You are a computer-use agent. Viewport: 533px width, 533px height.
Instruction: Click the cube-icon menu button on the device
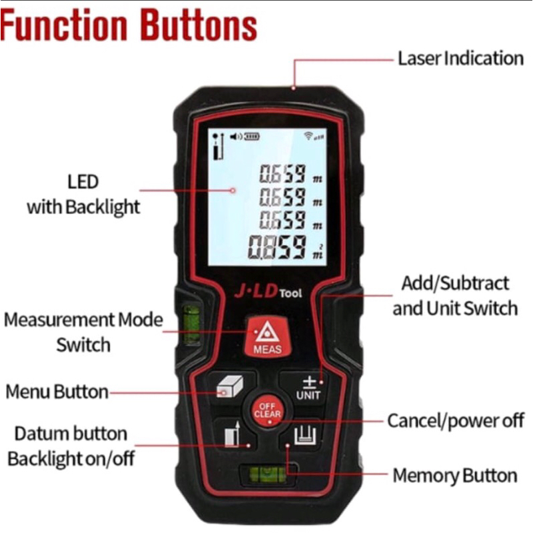pyautogui.click(x=229, y=388)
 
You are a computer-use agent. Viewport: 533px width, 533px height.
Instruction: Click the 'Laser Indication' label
pyautogui.click(x=460, y=58)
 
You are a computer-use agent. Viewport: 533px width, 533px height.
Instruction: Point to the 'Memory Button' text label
pyautogui.click(x=454, y=476)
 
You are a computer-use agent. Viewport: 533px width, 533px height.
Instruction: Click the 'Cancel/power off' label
pyautogui.click(x=456, y=421)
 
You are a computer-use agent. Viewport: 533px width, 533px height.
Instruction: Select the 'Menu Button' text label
pyautogui.click(x=57, y=391)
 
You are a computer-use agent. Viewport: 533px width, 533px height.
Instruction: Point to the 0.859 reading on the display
pyautogui.click(x=277, y=247)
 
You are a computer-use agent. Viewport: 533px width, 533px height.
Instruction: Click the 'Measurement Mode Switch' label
pyautogui.click(x=83, y=332)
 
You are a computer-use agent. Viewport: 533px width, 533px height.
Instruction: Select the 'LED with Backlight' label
pyautogui.click(x=83, y=194)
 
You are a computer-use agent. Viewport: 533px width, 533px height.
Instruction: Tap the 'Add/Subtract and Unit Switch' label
pyautogui.click(x=454, y=295)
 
